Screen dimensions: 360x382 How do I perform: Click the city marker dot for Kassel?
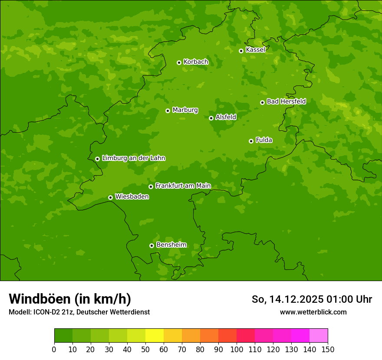pos(241,51)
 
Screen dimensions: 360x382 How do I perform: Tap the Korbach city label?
pos(196,62)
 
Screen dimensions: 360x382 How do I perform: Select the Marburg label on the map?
pos(185,110)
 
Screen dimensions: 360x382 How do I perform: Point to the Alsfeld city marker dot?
pos(211,118)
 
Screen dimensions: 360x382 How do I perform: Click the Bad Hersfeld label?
pos(286,101)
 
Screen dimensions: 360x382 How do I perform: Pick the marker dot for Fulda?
pos(251,141)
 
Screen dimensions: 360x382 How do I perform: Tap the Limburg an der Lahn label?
pos(133,158)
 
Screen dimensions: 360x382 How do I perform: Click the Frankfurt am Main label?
pos(183,186)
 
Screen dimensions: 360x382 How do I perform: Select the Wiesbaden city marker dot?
pos(110,197)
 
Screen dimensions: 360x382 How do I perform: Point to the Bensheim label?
pos(171,245)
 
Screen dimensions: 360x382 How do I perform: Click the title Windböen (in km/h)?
pos(70,299)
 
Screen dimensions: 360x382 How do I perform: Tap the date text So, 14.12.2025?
pos(288,299)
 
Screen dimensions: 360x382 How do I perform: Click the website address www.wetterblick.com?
pos(313,312)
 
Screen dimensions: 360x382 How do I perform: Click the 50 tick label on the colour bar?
pos(145,349)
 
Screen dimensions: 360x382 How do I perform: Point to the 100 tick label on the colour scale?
pos(237,349)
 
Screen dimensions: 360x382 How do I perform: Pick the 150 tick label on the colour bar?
pos(328,349)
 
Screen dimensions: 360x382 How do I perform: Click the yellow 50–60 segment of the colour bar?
pos(155,336)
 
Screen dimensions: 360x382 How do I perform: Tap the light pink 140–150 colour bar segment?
pos(319,336)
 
